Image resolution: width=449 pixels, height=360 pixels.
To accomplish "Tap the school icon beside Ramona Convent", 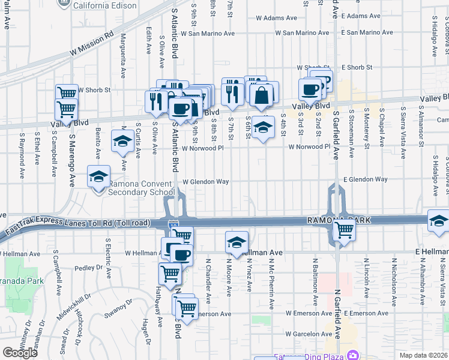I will click(x=98, y=177).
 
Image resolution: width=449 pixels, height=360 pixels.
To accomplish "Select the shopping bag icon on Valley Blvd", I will click(x=263, y=95).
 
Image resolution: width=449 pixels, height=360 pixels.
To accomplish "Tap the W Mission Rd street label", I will click(x=91, y=44).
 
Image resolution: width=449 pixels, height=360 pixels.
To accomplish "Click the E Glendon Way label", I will click(x=365, y=179).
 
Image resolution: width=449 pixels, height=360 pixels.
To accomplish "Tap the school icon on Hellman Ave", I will click(x=237, y=243).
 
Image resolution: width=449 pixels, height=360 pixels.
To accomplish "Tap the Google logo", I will click(x=20, y=352).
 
